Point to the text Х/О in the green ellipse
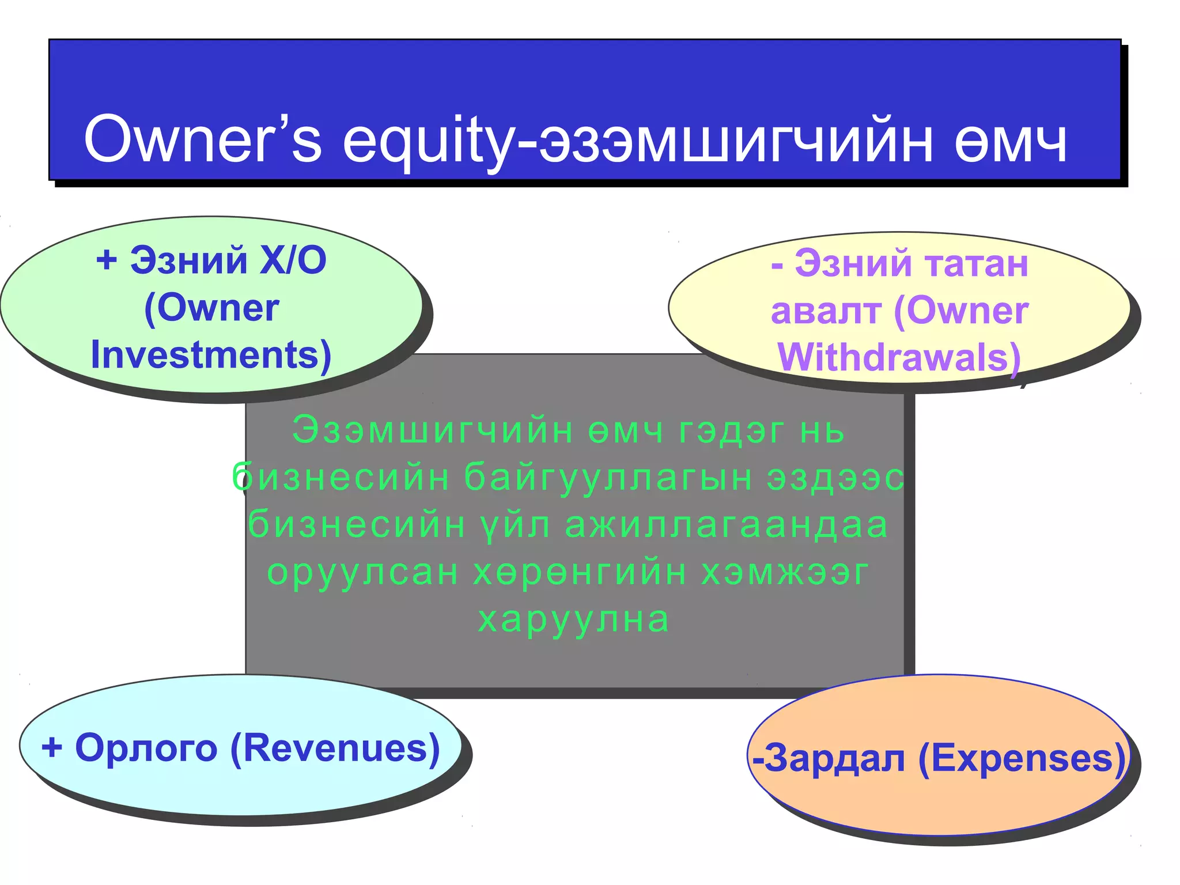pyautogui.click(x=293, y=260)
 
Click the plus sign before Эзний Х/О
pyautogui.click(x=107, y=260)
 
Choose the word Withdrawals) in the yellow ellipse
pyautogui.click(x=899, y=358)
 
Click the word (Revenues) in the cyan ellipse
pyautogui.click(x=335, y=748)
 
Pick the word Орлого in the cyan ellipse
pyautogui.click(x=146, y=748)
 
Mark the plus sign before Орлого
pyautogui.click(x=52, y=748)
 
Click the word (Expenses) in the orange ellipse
pyautogui.click(x=1022, y=758)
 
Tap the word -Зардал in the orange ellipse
pyautogui.click(x=830, y=758)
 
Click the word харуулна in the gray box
pyautogui.click(x=574, y=619)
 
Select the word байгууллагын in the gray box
pyautogui.click(x=608, y=478)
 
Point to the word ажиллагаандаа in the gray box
pyautogui.click(x=727, y=525)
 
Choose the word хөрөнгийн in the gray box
pyautogui.click(x=580, y=572)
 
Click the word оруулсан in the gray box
pyautogui.click(x=363, y=572)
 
